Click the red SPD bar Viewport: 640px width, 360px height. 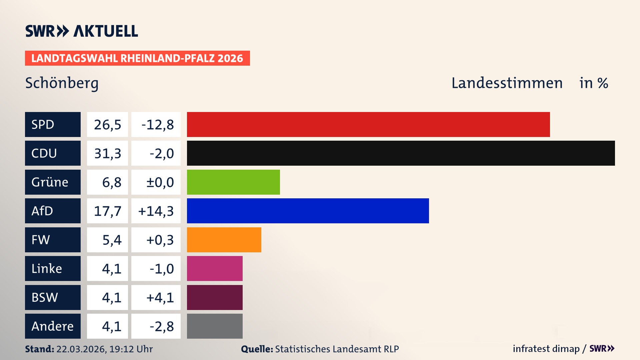point(368,124)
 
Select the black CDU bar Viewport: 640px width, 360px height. point(401,153)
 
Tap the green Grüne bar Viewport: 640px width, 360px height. point(233,182)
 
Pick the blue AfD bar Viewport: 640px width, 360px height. point(308,211)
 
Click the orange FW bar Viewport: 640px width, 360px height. point(224,240)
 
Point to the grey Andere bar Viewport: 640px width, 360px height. point(215,326)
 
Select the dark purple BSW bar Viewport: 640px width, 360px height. point(215,297)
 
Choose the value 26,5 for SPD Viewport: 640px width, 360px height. point(107,125)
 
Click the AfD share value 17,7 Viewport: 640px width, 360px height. point(107,211)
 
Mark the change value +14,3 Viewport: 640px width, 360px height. point(156,211)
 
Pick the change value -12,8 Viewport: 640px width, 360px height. point(157,125)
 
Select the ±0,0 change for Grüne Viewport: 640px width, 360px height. point(160,182)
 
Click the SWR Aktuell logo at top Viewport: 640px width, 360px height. point(82,31)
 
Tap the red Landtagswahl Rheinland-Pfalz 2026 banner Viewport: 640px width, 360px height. point(137,58)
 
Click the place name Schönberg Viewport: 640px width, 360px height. point(62,83)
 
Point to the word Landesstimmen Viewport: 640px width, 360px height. point(507,83)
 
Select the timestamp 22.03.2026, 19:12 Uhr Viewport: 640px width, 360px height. point(104,349)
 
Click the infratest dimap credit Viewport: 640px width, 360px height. point(546,349)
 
